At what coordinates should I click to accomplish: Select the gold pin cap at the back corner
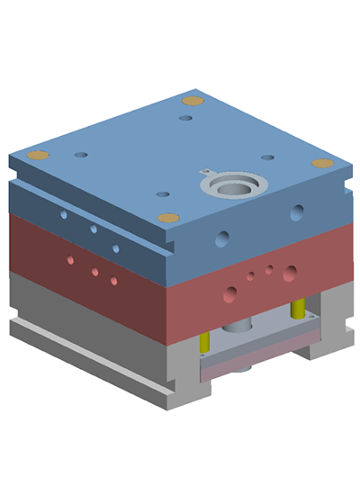tap(191, 101)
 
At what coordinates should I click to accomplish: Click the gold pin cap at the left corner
tap(38, 155)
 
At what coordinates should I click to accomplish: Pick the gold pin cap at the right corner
tap(322, 163)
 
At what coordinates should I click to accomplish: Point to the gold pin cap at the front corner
tap(167, 218)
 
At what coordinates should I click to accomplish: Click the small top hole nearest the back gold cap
tap(186, 118)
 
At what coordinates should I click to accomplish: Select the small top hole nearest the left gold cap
tap(81, 155)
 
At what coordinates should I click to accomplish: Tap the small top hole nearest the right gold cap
tap(268, 157)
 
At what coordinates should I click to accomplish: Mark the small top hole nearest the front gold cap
tap(162, 193)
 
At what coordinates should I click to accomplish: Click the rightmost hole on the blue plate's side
tap(296, 212)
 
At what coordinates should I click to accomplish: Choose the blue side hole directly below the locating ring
tap(222, 238)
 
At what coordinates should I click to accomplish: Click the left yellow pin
tap(204, 342)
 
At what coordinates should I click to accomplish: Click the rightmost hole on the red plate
tap(289, 273)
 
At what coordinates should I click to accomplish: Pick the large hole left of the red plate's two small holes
tap(232, 292)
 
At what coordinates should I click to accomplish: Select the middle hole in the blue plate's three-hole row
tap(94, 229)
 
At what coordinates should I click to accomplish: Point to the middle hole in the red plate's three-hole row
tap(94, 271)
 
